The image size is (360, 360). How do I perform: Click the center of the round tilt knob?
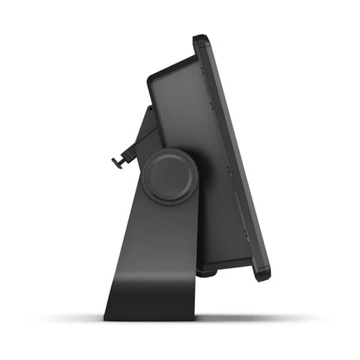(x=170, y=176)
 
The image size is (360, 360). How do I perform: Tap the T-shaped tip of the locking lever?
(x=116, y=163)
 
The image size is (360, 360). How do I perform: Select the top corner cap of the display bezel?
(x=201, y=40)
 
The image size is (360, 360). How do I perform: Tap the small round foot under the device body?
(x=207, y=273)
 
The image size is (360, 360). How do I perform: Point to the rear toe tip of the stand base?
(x=107, y=316)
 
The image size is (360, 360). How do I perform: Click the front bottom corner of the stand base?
(x=196, y=316)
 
